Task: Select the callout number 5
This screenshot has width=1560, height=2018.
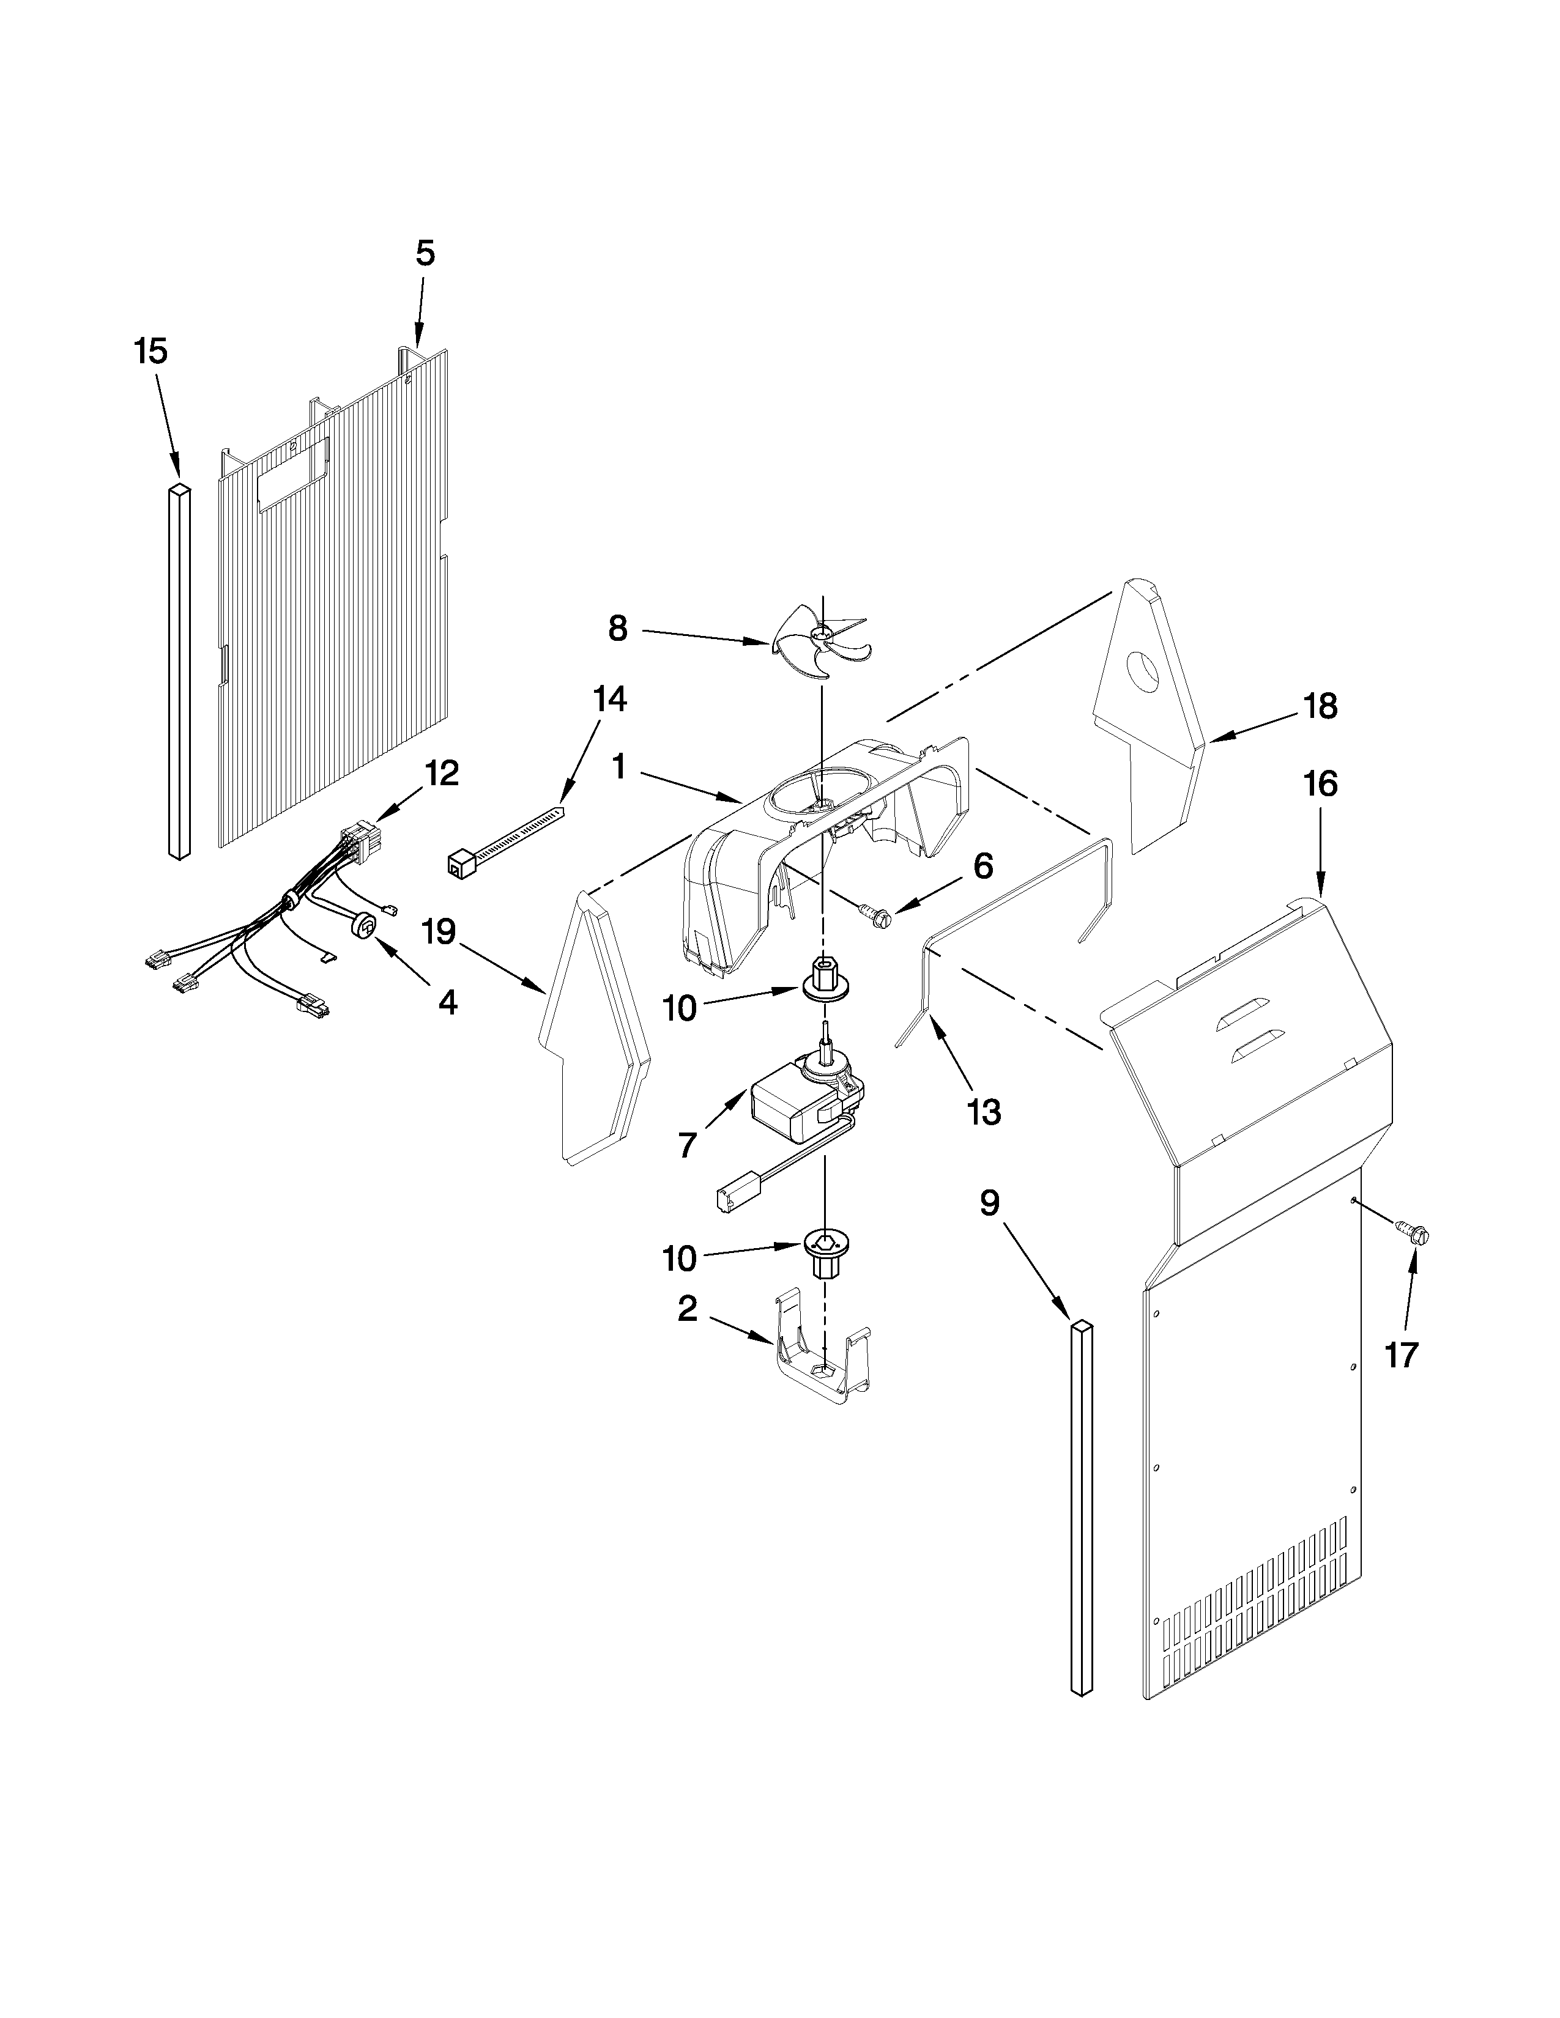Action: point(424,253)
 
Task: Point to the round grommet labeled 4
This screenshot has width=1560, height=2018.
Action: point(365,925)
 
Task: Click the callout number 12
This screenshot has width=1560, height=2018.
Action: point(442,774)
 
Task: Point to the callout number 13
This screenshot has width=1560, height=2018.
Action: point(984,1112)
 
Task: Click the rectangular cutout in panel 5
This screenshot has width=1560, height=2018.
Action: point(292,473)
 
